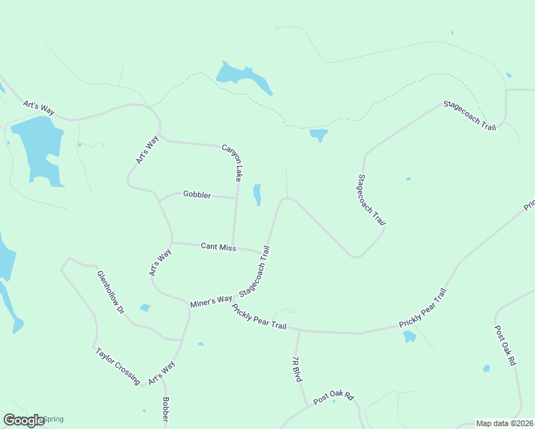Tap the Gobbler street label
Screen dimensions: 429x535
[197, 194]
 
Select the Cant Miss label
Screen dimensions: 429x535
[218, 247]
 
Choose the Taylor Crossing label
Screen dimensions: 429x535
[117, 366]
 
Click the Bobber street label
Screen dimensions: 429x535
[165, 412]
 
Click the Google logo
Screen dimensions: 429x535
[24, 420]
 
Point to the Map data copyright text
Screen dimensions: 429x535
[504, 423]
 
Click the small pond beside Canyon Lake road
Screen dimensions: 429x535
[257, 194]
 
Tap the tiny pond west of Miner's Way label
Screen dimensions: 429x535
[145, 308]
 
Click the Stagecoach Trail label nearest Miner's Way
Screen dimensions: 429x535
[255, 272]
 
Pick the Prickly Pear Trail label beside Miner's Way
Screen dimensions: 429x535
[259, 317]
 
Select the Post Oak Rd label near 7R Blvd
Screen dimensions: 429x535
[333, 395]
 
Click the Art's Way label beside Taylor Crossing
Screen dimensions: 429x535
[162, 372]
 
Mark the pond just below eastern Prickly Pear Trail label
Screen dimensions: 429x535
[409, 336]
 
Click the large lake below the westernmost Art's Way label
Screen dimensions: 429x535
[39, 149]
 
